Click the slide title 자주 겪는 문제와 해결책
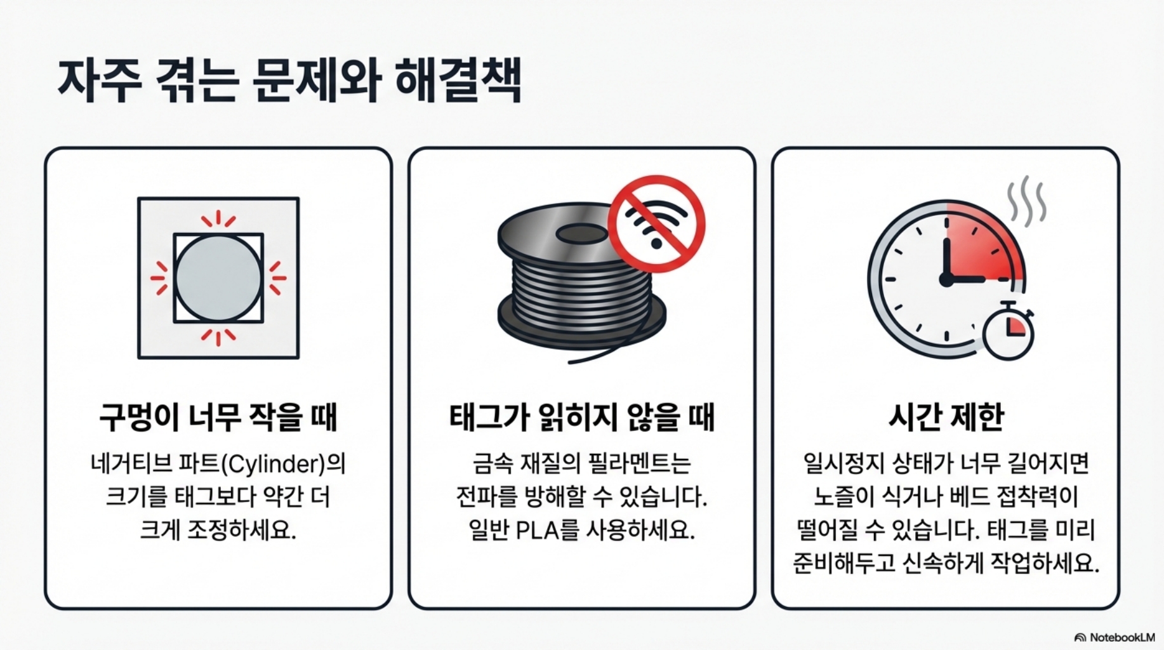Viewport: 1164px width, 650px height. tap(289, 81)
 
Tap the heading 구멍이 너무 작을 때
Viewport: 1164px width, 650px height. tap(218, 417)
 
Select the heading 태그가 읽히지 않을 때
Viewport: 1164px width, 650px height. tap(581, 417)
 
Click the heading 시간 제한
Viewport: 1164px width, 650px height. tap(946, 417)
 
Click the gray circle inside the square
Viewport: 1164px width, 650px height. tap(218, 278)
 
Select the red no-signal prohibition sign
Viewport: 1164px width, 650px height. tap(656, 224)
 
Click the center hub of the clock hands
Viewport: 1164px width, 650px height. tap(946, 279)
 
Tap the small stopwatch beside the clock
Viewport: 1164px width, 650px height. tap(1008, 330)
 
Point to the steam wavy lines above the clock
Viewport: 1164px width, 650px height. tap(1026, 201)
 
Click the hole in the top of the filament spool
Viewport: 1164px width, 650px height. tap(582, 234)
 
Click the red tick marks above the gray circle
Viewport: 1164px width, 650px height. tap(218, 220)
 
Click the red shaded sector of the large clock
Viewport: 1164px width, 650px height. tap(981, 248)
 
